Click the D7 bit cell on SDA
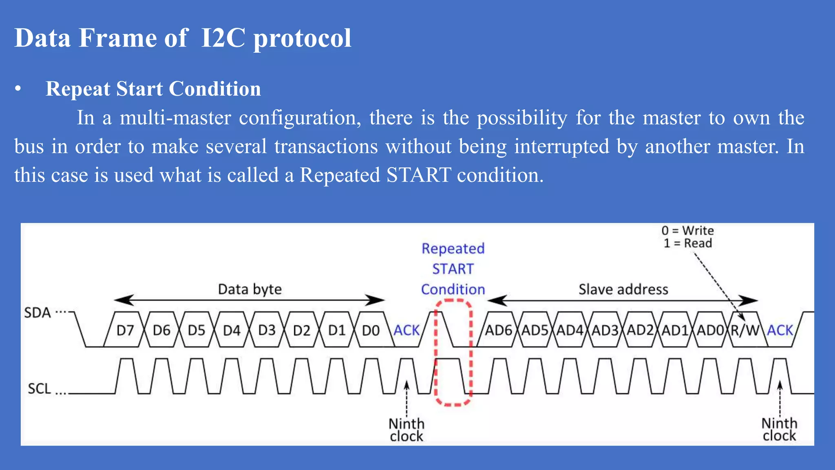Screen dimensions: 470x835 tap(125, 330)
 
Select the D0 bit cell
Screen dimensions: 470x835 tap(371, 330)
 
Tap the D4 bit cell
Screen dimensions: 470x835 tap(232, 330)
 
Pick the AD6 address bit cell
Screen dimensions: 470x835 tap(498, 330)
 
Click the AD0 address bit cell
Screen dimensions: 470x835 tap(710, 330)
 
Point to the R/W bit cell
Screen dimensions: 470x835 tap(744, 330)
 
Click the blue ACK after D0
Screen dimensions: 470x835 tap(406, 330)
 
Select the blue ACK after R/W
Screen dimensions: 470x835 tap(780, 330)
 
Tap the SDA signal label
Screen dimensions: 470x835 tap(37, 313)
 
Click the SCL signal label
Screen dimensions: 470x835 tap(39, 388)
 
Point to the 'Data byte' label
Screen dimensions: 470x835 tap(250, 289)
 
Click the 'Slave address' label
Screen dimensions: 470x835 tap(623, 289)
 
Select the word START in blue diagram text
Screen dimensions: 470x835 tap(453, 269)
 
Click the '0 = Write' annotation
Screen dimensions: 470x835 tap(687, 231)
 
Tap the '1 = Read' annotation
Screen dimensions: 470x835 tap(687, 243)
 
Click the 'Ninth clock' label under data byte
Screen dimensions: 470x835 tap(406, 430)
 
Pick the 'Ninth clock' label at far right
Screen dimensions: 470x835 tap(779, 429)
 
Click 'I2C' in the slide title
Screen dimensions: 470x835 tap(223, 38)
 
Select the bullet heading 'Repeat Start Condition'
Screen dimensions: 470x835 tap(153, 89)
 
